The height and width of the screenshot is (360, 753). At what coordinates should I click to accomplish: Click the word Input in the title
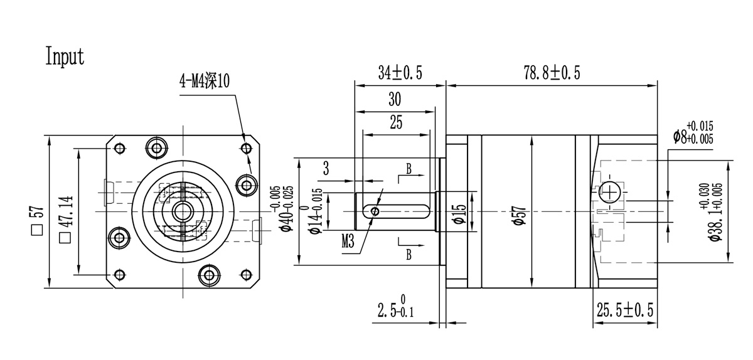(65, 56)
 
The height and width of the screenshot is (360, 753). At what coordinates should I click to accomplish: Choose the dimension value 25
(396, 123)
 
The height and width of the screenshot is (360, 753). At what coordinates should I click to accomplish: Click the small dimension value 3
(326, 167)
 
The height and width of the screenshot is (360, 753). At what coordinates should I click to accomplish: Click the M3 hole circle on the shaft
(375, 212)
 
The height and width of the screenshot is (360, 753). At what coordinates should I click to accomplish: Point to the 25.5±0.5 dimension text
(624, 310)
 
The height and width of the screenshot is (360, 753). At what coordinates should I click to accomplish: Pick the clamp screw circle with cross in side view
(610, 193)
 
